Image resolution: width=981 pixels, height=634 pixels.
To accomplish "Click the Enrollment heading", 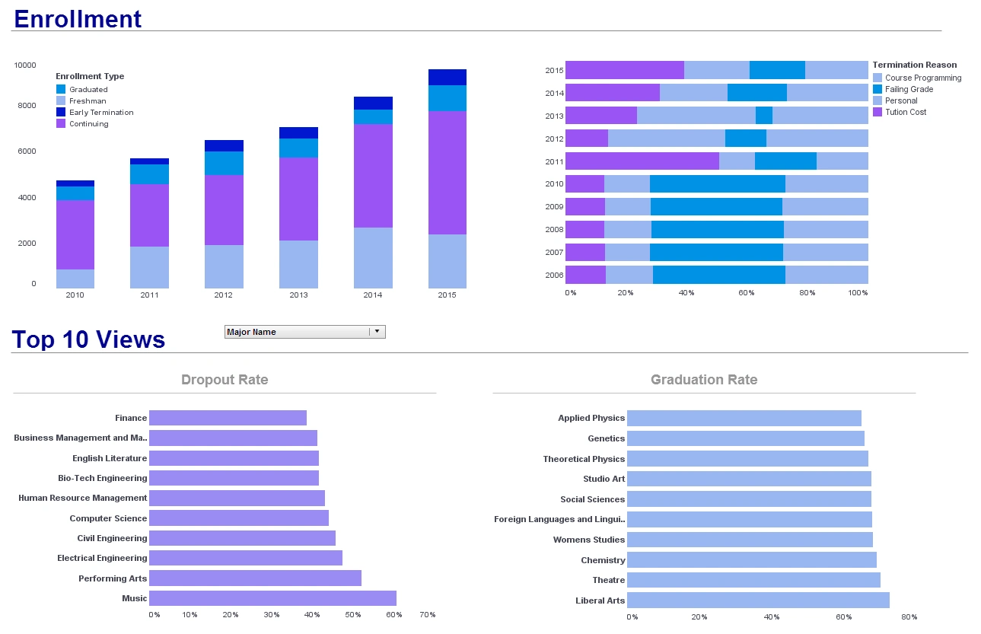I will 78,18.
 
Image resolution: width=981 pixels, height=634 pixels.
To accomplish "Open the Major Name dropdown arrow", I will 377,332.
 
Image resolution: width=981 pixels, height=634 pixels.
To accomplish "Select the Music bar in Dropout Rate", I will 272,598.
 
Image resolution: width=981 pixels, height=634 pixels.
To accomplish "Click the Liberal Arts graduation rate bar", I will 757,601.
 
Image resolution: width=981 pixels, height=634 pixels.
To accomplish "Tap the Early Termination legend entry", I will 101,113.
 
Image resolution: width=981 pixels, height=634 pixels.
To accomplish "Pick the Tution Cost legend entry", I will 906,112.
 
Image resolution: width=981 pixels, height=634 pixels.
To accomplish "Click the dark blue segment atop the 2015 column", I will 447,77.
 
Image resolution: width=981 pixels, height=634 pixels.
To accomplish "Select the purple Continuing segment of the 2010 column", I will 75,234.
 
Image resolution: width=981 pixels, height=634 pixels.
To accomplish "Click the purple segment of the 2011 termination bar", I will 642,161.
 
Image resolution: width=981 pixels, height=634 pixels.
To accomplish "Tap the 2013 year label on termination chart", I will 554,116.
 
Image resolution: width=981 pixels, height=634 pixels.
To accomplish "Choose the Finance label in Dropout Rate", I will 131,418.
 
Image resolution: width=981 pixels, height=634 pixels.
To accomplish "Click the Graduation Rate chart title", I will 704,380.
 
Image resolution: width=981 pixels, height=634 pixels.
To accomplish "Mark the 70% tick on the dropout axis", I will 427,615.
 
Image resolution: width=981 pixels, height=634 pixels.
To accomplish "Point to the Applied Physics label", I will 591,418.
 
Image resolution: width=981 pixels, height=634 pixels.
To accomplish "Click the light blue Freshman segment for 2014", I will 373,257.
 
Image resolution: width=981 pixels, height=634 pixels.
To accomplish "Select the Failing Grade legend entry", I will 909,89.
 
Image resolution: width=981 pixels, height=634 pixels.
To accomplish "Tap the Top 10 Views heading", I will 88,339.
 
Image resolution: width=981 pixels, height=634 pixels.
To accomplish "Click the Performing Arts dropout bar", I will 255,578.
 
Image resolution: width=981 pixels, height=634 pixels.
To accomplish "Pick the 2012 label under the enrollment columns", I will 224,295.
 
